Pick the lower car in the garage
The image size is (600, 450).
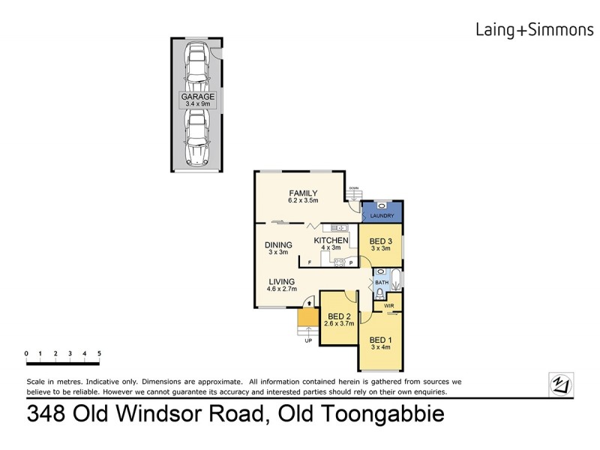[197, 139]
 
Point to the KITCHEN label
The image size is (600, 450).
[330, 240]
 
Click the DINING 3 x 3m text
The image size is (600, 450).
[278, 248]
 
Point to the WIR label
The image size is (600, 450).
[388, 307]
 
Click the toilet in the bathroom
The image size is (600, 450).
[380, 292]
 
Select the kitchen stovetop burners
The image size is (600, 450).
[339, 262]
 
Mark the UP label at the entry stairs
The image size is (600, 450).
[307, 340]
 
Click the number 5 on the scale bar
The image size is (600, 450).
[99, 353]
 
